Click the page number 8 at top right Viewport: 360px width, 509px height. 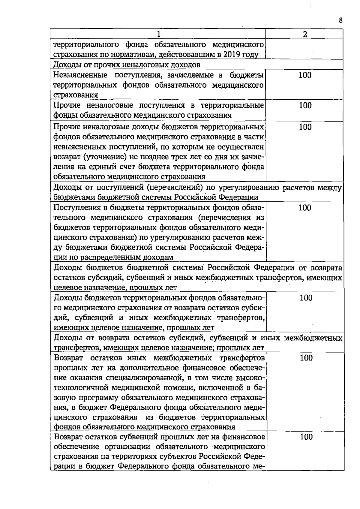(340, 20)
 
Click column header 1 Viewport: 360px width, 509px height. (158, 34)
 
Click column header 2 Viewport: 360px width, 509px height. (305, 34)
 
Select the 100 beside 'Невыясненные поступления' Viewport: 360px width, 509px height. (305, 75)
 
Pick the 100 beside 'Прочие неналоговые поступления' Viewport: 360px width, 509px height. (305, 105)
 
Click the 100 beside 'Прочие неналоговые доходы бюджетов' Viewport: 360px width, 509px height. (305, 127)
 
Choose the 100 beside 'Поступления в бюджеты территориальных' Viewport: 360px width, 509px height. (305, 208)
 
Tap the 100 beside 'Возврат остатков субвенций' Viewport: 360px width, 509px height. (306, 437)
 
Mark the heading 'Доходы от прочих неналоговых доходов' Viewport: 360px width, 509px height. (127, 65)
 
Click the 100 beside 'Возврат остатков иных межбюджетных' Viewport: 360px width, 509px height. (306, 357)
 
